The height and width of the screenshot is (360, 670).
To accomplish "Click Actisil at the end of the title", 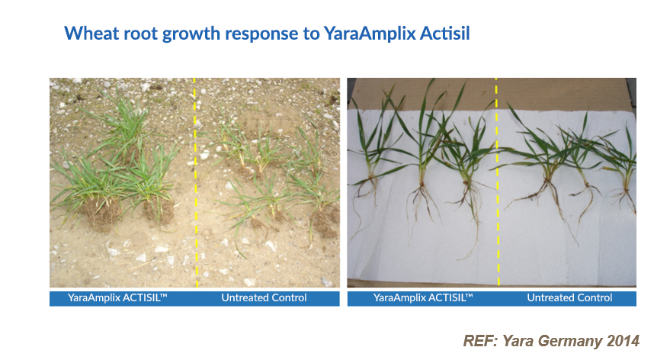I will [x=451, y=34].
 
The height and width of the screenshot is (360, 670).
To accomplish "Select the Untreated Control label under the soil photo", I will [x=264, y=297].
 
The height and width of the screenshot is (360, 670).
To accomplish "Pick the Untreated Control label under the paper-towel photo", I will [x=569, y=297].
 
